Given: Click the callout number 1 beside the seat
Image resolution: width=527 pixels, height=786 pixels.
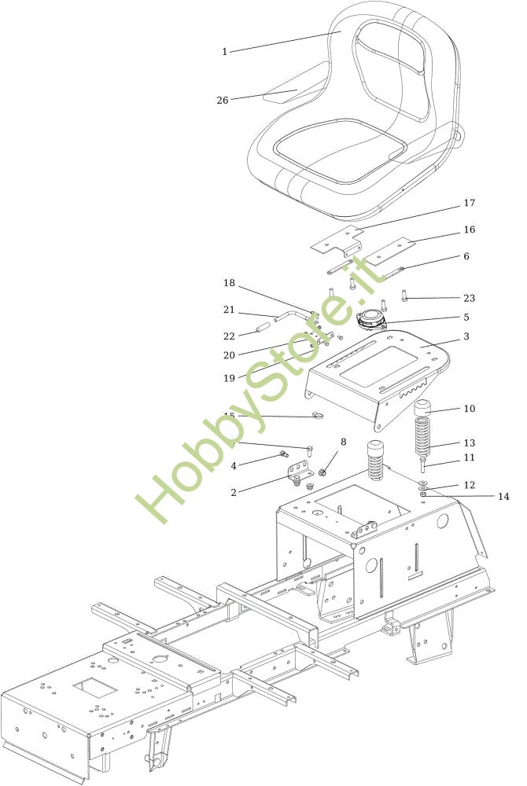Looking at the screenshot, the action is point(224,52).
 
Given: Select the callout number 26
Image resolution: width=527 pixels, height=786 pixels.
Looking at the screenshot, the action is point(223,100).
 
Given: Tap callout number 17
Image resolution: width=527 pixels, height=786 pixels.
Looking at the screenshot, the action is point(470,203).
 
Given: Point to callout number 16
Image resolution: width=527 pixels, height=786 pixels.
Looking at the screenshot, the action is point(470,230).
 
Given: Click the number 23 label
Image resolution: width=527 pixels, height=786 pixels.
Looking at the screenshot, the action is point(470,298).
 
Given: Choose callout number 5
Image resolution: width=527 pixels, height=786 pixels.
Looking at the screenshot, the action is point(466,317).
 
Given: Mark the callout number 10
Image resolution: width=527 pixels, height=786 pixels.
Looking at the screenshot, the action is point(470,409).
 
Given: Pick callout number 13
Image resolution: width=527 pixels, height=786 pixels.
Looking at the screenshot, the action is point(470,443).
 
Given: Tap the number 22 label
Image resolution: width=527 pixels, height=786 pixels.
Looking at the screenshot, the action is point(229,336).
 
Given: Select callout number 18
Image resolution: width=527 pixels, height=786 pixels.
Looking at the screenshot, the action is point(229,282).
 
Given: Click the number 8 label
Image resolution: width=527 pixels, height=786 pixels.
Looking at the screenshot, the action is point(343,442).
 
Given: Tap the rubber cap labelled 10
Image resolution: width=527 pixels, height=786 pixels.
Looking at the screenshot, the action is point(424,407).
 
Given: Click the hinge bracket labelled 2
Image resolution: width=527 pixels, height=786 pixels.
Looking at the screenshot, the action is point(300,474).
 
